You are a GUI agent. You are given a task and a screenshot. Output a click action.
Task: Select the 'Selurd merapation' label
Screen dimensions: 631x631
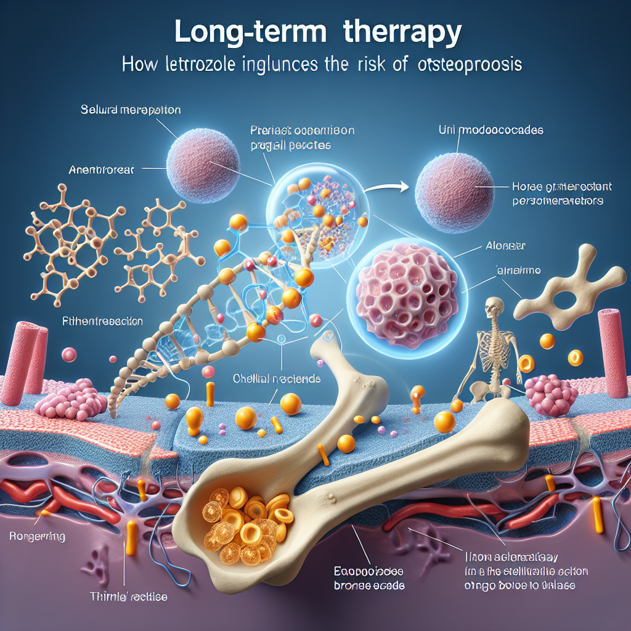coord(131,112)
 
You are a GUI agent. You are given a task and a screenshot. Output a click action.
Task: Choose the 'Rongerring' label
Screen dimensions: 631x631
coord(39,537)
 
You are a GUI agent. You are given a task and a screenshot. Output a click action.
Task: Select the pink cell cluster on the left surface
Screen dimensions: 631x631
coord(62,400)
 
